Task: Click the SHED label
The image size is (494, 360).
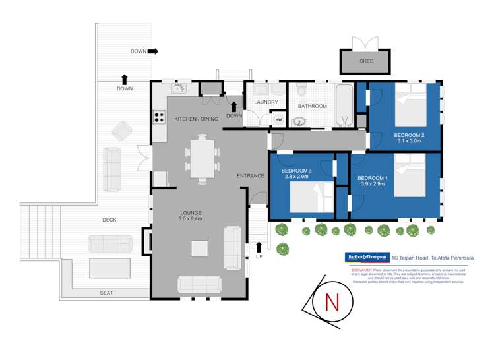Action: click(x=366, y=61)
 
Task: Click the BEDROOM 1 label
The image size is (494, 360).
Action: click(x=373, y=178)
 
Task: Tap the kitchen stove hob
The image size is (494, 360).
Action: click(x=159, y=117)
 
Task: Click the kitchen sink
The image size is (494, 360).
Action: click(x=179, y=88)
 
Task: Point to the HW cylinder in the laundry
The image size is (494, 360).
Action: click(x=278, y=119)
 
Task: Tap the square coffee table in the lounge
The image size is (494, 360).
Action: click(x=200, y=248)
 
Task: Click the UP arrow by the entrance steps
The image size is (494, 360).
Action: click(x=259, y=247)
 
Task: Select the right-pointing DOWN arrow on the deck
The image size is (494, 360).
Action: click(x=153, y=51)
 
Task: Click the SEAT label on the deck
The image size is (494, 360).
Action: click(x=107, y=293)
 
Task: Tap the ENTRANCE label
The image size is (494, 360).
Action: click(x=251, y=176)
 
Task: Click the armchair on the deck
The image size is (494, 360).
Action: click(x=121, y=131)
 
